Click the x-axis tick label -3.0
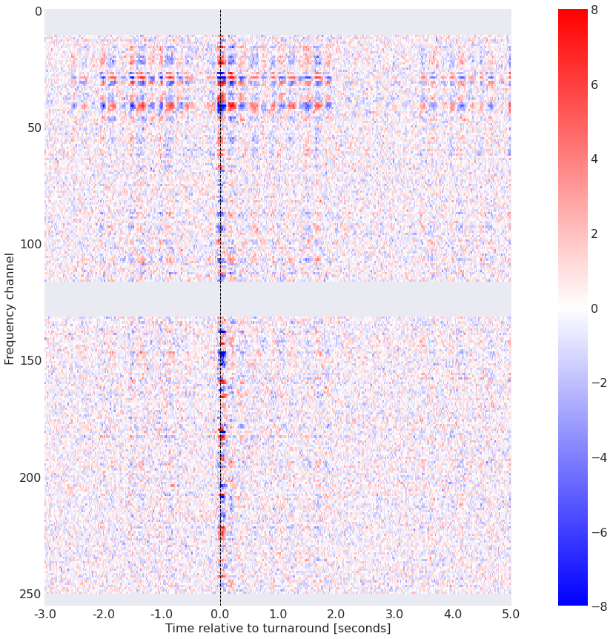(44, 614)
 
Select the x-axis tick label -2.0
(103, 614)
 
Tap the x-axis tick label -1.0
(162, 614)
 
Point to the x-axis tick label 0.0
(220, 614)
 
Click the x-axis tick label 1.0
(278, 614)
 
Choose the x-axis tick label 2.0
(337, 614)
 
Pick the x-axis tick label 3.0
(394, 614)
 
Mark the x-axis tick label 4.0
(453, 614)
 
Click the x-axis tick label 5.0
(511, 614)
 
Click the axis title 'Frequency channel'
(10, 308)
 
